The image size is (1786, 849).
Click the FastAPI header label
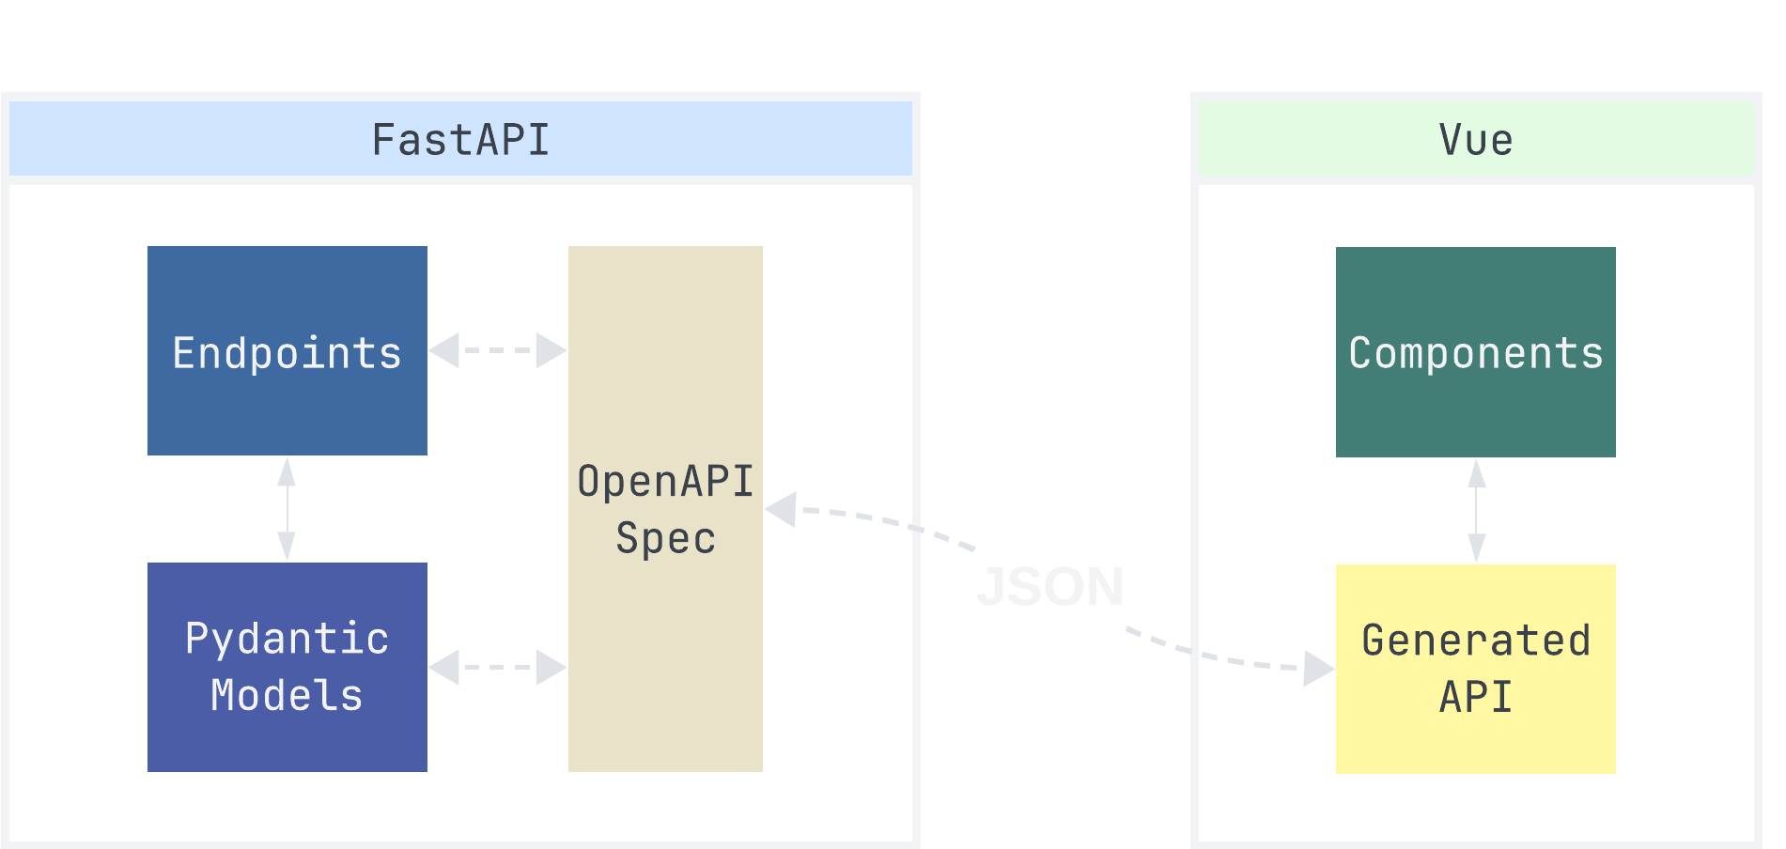click(x=460, y=141)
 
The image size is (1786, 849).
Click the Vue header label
click(x=1475, y=141)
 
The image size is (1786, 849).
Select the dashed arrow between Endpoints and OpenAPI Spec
click(x=498, y=350)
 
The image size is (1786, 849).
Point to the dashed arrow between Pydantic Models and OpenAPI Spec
click(x=498, y=668)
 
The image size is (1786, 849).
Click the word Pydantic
click(x=287, y=639)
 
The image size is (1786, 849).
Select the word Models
click(x=287, y=696)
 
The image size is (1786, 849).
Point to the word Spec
click(x=665, y=538)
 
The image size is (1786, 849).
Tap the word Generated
click(x=1475, y=641)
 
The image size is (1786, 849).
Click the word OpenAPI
click(x=665, y=481)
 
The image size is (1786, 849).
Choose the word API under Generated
click(x=1475, y=697)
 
